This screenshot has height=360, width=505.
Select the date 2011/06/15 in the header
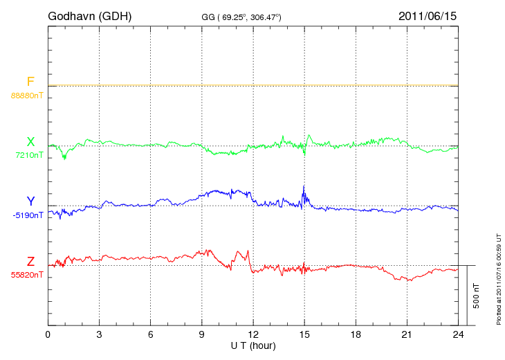(x=428, y=15)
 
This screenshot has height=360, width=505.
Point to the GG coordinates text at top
(x=241, y=16)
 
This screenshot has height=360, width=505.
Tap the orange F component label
(x=30, y=82)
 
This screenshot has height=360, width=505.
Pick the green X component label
(x=30, y=143)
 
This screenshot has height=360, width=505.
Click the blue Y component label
(x=30, y=202)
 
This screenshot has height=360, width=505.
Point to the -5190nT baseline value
(x=28, y=215)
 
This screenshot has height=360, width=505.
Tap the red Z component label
(x=30, y=262)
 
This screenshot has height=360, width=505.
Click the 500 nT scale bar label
(x=477, y=296)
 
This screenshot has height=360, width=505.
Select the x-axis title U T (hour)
(x=253, y=345)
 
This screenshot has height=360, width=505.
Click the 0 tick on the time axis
(x=48, y=334)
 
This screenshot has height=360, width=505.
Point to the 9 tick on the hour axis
(x=202, y=334)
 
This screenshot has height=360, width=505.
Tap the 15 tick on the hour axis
(x=304, y=334)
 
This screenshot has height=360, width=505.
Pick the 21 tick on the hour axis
(x=407, y=334)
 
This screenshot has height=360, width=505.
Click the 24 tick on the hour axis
(x=458, y=334)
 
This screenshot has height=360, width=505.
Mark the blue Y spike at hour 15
(x=304, y=188)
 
